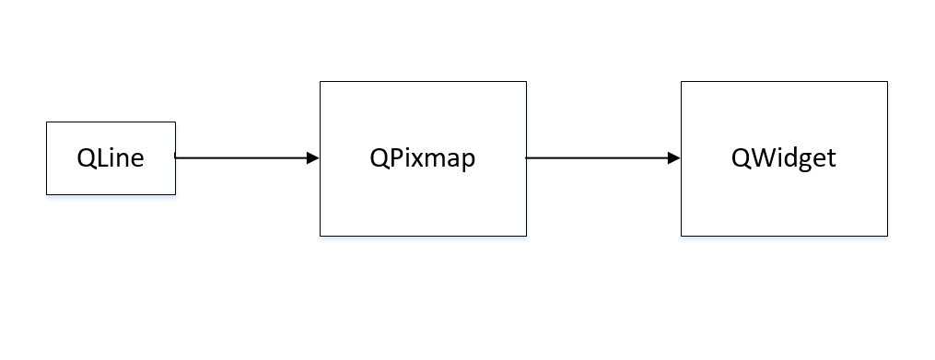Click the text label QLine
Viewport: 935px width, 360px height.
coord(111,158)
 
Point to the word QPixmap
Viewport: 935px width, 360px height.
coord(423,158)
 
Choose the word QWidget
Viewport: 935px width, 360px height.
coord(784,158)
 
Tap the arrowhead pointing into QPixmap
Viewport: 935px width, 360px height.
coord(313,157)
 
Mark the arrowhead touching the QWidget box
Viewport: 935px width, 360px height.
coord(674,157)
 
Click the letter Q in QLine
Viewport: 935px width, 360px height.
coord(86,158)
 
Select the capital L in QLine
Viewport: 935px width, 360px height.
coord(100,158)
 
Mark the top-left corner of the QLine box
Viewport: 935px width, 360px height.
coord(47,122)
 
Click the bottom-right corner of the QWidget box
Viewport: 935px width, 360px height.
coord(888,236)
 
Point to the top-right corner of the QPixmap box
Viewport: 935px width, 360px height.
coord(526,82)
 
